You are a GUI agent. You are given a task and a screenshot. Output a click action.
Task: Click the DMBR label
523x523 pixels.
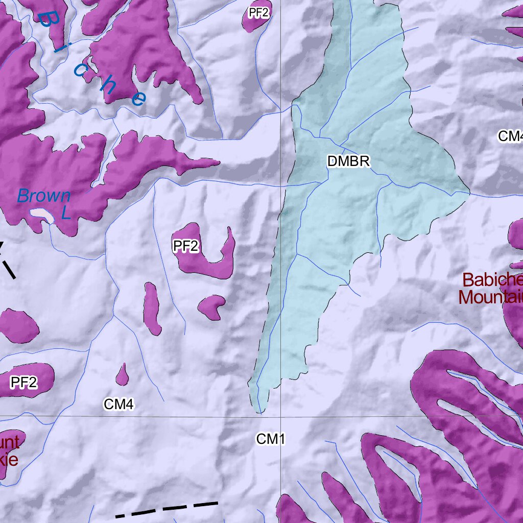click(348, 162)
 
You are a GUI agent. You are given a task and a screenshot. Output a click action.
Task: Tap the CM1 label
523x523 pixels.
click(270, 439)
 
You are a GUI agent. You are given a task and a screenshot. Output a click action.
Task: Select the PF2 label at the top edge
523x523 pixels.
click(258, 13)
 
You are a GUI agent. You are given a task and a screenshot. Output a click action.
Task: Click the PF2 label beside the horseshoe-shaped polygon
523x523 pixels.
click(185, 247)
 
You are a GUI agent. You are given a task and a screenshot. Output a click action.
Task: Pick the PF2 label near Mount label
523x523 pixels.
click(24, 382)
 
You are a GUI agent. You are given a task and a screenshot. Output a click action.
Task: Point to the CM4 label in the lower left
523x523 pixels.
click(118, 405)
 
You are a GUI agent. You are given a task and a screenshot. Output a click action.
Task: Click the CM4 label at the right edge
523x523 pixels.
click(510, 136)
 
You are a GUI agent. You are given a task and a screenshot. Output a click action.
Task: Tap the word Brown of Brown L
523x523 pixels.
click(44, 196)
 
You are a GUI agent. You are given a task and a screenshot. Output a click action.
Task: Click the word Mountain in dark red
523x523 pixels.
click(490, 297)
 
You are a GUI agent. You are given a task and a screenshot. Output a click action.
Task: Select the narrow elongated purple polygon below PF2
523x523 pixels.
click(152, 308)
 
